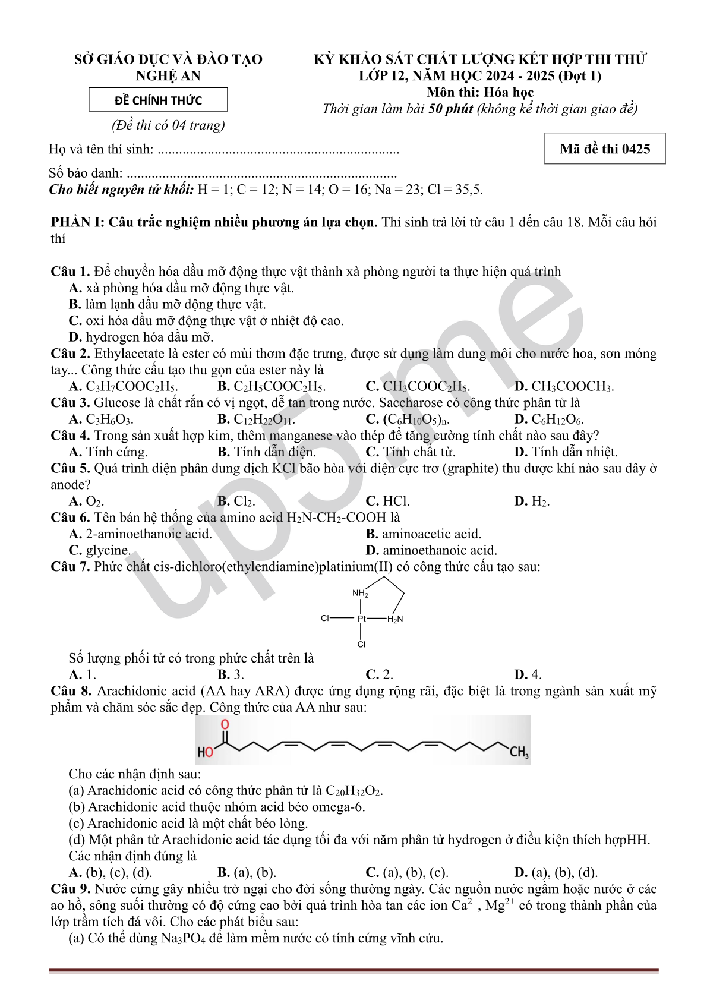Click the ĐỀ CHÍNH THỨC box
[x=158, y=100]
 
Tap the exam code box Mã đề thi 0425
[x=605, y=149]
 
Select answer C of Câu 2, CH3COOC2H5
[x=418, y=387]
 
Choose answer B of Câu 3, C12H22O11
[x=257, y=419]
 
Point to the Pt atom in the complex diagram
[x=362, y=619]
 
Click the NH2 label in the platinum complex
[x=360, y=593]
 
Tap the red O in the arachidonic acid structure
[x=225, y=724]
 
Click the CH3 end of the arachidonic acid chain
[x=519, y=752]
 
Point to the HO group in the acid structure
[x=206, y=752]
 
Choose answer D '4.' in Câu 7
[x=528, y=674]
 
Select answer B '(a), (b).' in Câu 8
[x=247, y=872]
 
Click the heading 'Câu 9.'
[x=71, y=889]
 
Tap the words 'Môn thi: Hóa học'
[x=480, y=92]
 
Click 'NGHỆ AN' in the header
[x=168, y=75]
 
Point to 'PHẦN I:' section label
[x=78, y=222]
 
